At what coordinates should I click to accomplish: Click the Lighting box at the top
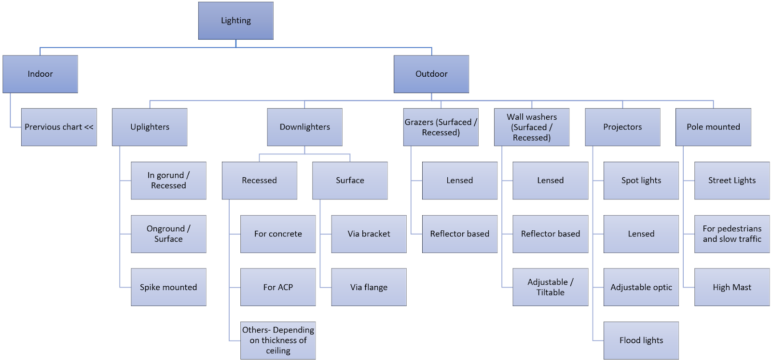point(235,21)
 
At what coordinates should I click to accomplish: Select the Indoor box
point(40,74)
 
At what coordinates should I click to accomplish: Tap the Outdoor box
point(431,74)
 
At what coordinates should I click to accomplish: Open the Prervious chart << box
point(59,127)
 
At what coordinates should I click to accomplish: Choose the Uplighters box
point(150,127)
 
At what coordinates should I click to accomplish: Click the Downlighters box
point(304,127)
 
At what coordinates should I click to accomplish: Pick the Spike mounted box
point(168,287)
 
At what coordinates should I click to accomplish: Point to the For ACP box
point(278,287)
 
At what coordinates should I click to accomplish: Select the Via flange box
point(369,287)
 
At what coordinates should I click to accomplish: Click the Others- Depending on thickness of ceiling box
point(278,340)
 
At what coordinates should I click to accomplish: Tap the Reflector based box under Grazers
point(459,234)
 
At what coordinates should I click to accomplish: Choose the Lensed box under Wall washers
point(550,181)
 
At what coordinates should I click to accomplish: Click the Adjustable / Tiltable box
point(550,287)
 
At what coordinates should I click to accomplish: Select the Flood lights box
point(641,340)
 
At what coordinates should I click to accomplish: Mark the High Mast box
point(732,287)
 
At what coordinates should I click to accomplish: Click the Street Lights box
point(732,181)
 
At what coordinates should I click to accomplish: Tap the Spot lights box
point(641,181)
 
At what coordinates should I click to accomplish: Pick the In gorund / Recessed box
point(168,181)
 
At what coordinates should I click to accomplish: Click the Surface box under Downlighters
point(350,181)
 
